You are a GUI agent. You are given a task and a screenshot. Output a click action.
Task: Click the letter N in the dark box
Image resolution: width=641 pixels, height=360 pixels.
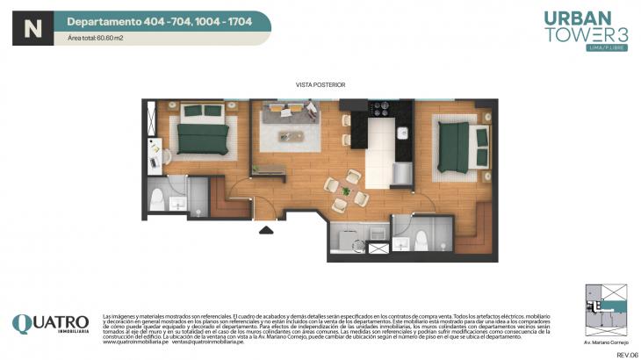tap(32, 28)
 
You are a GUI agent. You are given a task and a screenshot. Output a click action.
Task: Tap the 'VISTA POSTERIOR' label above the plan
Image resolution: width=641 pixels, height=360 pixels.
tap(320, 85)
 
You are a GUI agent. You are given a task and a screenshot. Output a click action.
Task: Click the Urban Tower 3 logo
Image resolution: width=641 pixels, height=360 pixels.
tap(573, 32)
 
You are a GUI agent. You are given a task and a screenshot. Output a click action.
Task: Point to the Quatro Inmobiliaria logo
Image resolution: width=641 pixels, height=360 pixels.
tap(50, 324)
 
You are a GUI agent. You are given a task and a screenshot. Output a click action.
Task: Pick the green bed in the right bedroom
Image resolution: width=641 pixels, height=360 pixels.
tap(462, 144)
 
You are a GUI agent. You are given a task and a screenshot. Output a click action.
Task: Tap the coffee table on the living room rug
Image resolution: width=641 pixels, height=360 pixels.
tap(291, 136)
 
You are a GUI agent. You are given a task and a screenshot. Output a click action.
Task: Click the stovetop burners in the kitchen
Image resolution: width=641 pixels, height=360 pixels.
tap(383, 109)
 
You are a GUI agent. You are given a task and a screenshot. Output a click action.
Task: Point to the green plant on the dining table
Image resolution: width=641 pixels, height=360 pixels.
tap(347, 191)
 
